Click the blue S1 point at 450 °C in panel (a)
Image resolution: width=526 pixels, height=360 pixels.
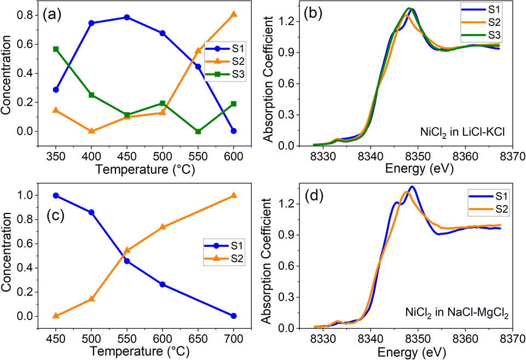[127, 18]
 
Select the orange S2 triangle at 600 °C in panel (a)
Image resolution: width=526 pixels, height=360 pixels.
[234, 14]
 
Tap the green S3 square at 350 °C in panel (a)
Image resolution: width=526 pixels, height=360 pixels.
[56, 49]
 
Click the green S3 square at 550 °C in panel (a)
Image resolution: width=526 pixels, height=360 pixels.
[198, 131]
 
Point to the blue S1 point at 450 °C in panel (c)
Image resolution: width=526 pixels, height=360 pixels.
[56, 196]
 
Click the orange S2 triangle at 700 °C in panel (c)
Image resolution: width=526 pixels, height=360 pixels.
[234, 195]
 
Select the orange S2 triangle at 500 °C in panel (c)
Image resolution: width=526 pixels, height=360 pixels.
[91, 299]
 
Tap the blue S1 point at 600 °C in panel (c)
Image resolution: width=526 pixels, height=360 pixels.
[163, 284]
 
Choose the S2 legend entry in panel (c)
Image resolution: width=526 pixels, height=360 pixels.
[224, 258]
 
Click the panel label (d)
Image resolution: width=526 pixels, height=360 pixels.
[313, 196]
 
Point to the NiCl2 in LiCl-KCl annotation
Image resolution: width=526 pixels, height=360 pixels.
[463, 132]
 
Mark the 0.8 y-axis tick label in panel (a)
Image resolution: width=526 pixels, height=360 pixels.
[24, 15]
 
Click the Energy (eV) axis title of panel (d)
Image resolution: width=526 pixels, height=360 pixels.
[412, 352]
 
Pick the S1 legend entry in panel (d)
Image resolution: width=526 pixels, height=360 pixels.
[489, 196]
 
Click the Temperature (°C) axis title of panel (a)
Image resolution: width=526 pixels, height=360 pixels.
[145, 170]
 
